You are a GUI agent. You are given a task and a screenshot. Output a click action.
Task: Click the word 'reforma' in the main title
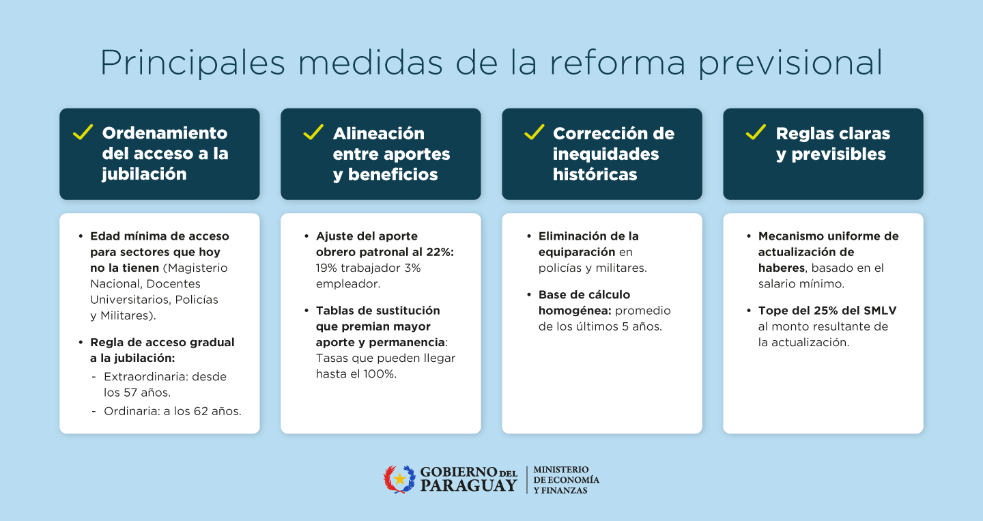617,63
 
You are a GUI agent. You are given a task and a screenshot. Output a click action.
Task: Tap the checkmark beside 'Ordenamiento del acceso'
83,132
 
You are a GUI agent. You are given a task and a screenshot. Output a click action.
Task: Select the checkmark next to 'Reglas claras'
756,132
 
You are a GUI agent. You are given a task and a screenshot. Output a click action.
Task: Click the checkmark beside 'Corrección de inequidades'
534,132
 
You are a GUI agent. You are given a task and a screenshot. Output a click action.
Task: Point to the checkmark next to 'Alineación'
313,132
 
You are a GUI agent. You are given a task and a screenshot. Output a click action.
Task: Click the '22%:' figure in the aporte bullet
440,252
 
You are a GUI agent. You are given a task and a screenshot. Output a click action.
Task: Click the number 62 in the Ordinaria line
201,411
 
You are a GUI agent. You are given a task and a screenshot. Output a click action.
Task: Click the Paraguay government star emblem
399,479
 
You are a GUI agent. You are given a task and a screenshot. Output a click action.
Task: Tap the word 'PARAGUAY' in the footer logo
468,485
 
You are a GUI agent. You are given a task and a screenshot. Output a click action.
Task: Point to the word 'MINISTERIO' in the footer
561,470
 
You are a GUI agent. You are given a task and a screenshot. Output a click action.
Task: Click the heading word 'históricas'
595,174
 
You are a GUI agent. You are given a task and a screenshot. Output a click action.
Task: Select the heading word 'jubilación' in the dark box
145,175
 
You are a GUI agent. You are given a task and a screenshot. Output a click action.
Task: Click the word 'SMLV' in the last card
880,310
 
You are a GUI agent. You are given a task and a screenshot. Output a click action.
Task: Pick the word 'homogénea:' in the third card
575,311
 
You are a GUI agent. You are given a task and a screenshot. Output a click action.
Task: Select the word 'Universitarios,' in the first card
131,300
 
